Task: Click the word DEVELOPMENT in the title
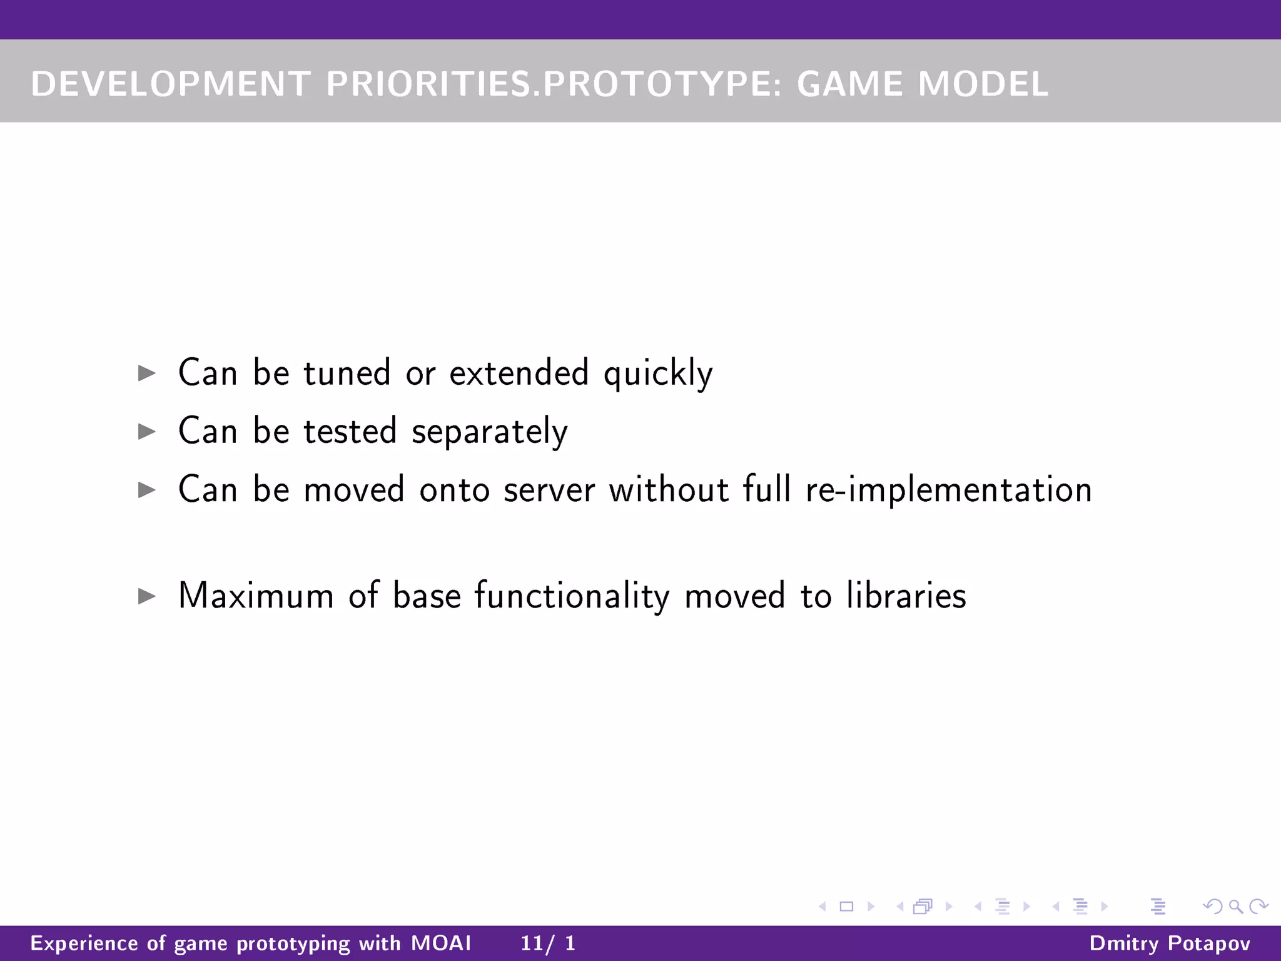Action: point(170,84)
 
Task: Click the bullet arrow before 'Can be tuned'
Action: point(146,374)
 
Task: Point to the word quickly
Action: point(657,374)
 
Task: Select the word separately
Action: point(489,432)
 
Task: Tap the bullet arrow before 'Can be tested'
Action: point(146,431)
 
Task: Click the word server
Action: point(549,490)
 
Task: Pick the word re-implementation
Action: point(948,490)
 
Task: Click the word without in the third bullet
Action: point(669,489)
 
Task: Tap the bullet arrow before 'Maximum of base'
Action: point(146,596)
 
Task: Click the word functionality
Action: point(571,596)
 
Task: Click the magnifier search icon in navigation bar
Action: point(1235,906)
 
